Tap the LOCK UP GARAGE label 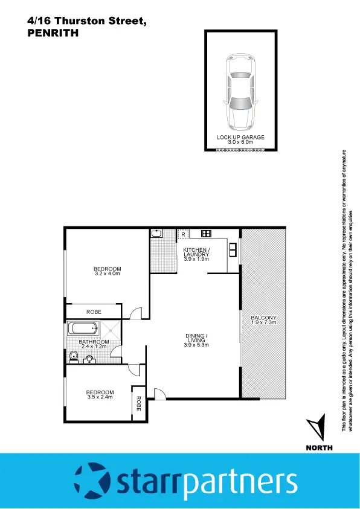click(x=240, y=138)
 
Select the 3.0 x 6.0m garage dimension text click(x=240, y=142)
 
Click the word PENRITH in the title click(x=54, y=34)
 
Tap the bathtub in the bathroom click(x=82, y=329)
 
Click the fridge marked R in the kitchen click(x=183, y=234)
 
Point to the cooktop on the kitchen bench click(x=205, y=234)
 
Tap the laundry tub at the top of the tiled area click(x=156, y=233)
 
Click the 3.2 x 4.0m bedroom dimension click(x=108, y=274)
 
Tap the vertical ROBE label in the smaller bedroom click(x=138, y=403)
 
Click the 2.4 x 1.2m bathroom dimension click(x=94, y=347)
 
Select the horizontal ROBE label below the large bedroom click(x=94, y=312)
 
